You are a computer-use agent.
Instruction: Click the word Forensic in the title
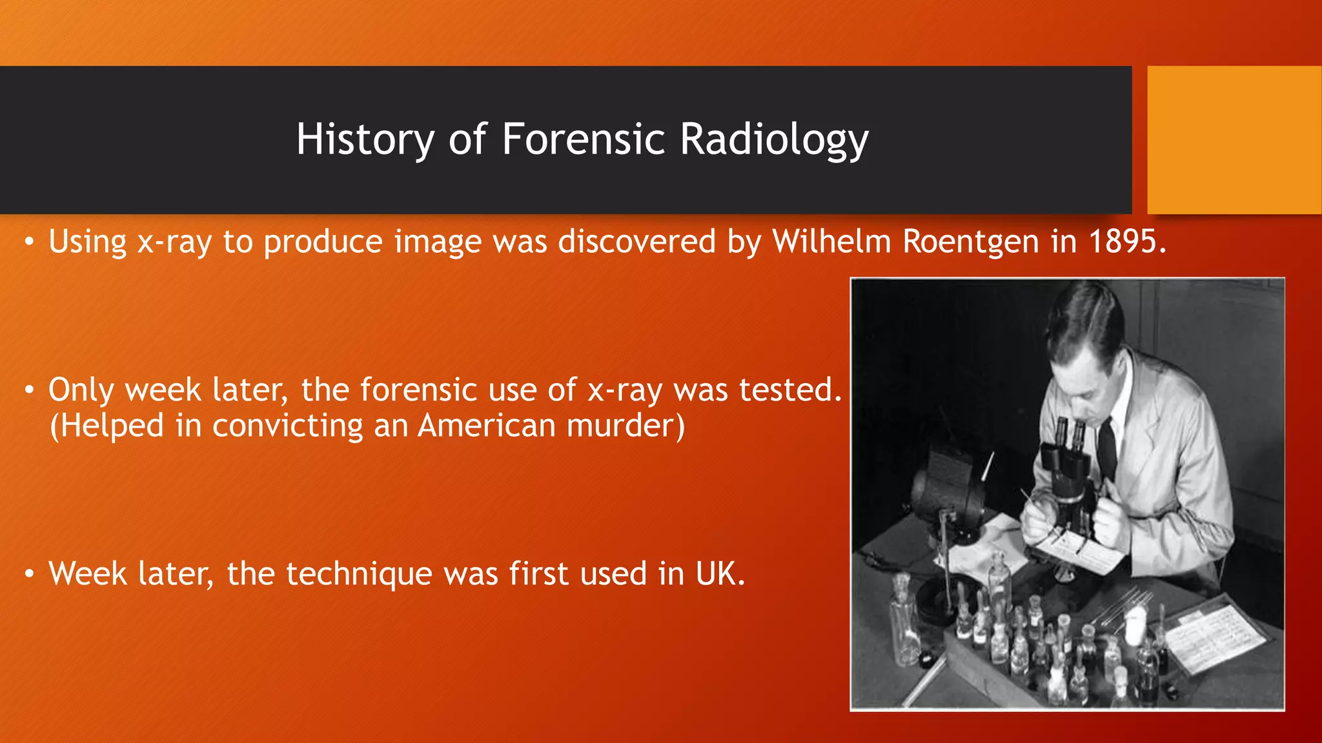pyautogui.click(x=583, y=139)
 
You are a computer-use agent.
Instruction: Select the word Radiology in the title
pyautogui.click(x=774, y=140)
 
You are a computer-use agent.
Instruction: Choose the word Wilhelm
pyautogui.click(x=831, y=242)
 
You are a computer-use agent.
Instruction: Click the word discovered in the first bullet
pyautogui.click(x=636, y=242)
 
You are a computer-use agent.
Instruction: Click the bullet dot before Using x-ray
pyautogui.click(x=28, y=243)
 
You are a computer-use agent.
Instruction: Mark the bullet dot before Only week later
pyautogui.click(x=28, y=391)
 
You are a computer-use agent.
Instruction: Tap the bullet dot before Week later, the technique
pyautogui.click(x=28, y=574)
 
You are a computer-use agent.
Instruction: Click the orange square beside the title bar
pyautogui.click(x=1234, y=140)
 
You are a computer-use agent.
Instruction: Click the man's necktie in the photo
pyautogui.click(x=1108, y=445)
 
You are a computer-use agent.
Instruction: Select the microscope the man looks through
pyautogui.click(x=1068, y=471)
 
